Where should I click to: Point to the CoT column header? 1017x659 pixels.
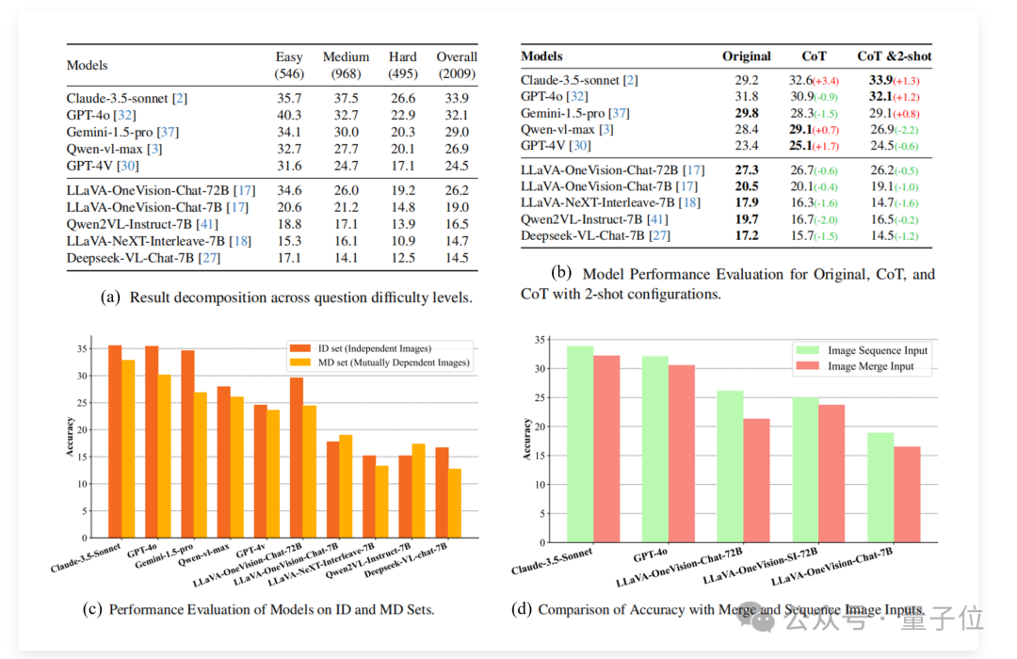[814, 56]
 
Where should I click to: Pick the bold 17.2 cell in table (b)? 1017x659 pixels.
[746, 234]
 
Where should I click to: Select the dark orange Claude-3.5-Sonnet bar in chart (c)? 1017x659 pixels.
[115, 440]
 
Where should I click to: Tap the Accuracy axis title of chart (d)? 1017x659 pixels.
[527, 439]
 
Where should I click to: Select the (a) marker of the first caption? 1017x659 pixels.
[111, 297]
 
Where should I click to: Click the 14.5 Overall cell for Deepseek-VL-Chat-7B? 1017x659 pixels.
[457, 256]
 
